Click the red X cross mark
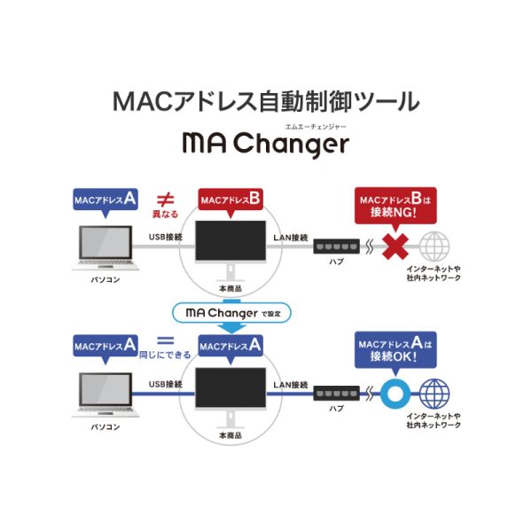(395, 246)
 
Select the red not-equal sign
(165, 199)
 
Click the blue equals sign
(165, 340)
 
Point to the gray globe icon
(434, 246)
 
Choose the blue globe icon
(434, 394)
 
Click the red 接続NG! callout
(395, 206)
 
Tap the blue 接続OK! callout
(395, 350)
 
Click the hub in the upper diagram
(336, 246)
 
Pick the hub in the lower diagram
(336, 393)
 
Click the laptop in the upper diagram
(106, 248)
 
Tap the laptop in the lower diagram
(106, 395)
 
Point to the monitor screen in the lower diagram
(231, 387)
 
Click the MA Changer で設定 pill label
(231, 313)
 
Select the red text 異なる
(165, 215)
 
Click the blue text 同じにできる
(165, 356)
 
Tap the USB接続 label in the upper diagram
(166, 237)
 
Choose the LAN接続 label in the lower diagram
(291, 385)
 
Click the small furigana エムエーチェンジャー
(316, 127)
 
